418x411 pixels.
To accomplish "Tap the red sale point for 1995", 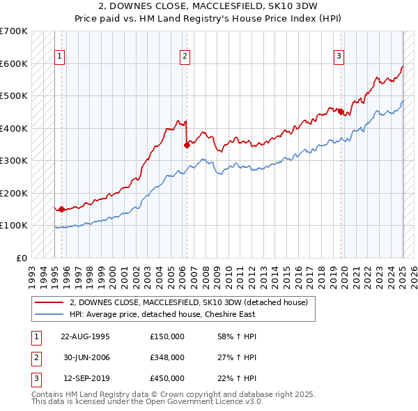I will (x=61, y=208).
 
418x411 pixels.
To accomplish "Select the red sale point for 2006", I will (x=187, y=145).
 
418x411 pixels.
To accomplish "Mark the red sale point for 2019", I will (x=341, y=111).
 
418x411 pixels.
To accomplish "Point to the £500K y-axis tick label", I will (x=14, y=95).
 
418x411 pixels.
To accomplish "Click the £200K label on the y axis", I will (x=14, y=193).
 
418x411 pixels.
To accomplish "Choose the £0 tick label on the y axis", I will (x=21, y=258).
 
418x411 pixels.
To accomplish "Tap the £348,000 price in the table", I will (x=167, y=357).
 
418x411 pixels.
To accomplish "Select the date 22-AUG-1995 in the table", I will (x=85, y=336).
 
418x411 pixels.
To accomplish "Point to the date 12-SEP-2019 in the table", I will (x=85, y=378).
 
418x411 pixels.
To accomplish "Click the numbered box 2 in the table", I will (x=35, y=357).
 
